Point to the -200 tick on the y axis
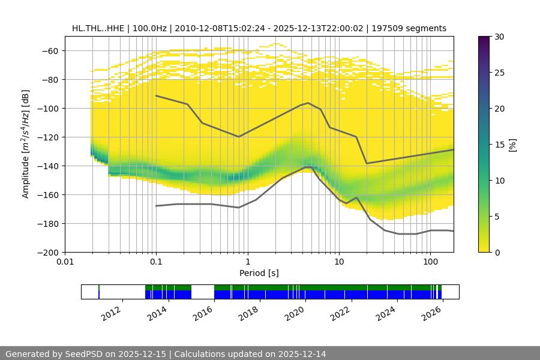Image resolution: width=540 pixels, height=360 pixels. [48, 253]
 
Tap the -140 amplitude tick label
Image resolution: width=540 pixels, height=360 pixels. [48, 166]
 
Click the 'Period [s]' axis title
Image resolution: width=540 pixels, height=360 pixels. [259, 273]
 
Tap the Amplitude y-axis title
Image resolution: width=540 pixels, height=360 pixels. [25, 145]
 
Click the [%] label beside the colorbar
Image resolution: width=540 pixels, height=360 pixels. [512, 145]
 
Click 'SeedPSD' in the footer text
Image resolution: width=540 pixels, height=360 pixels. [82, 354]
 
